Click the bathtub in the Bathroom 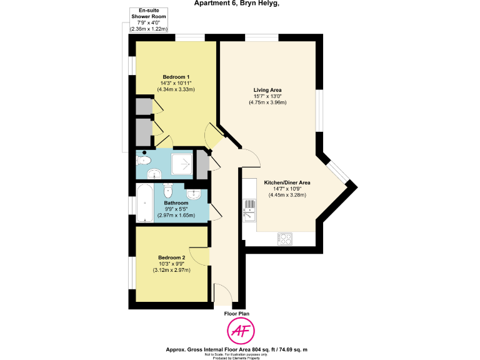[144, 203]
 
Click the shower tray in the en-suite [184, 164]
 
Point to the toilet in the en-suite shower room [145, 161]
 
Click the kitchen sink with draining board [247, 209]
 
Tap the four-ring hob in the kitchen [285, 239]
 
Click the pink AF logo [240, 331]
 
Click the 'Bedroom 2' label [171, 257]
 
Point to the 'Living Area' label [267, 90]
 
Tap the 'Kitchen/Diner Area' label [287, 182]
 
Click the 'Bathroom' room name [176, 203]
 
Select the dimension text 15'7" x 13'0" [267, 96]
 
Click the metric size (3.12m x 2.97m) [171, 270]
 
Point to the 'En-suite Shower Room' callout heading [148, 14]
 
